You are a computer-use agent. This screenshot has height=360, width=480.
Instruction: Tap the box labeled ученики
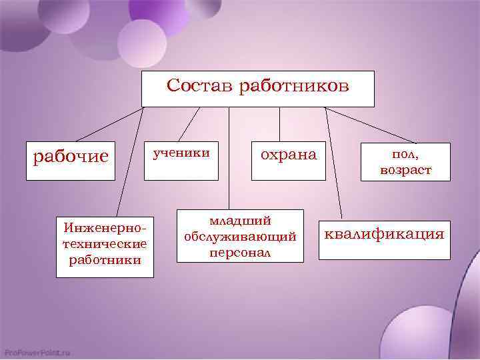(x=182, y=160)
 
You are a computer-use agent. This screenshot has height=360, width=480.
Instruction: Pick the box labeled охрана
(x=288, y=160)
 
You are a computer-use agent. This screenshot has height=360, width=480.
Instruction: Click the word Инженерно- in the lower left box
(x=105, y=227)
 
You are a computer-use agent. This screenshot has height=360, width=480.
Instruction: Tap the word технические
(x=105, y=243)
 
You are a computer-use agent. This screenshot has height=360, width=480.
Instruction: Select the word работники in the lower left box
(x=105, y=259)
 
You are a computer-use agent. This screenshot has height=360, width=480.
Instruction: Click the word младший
(x=239, y=220)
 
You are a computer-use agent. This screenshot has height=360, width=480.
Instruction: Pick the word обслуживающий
(x=239, y=237)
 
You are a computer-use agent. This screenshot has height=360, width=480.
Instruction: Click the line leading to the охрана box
(x=279, y=125)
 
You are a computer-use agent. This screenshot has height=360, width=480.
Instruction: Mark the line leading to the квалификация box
(x=333, y=163)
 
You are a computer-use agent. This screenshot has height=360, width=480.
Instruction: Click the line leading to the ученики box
(x=190, y=125)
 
